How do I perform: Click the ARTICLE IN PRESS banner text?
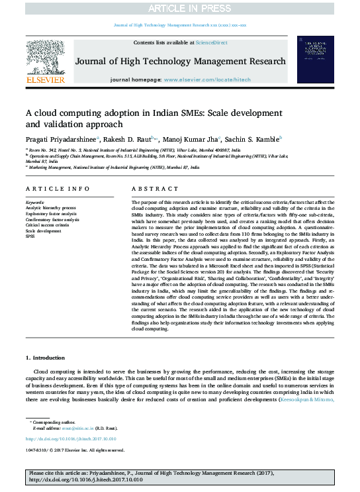click(179, 8)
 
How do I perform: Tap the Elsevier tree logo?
click(45, 56)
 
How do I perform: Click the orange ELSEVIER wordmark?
click(45, 80)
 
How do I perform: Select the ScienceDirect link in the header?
click(211, 42)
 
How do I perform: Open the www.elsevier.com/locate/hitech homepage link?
click(208, 79)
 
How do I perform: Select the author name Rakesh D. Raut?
click(126, 139)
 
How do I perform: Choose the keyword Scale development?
click(43, 231)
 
